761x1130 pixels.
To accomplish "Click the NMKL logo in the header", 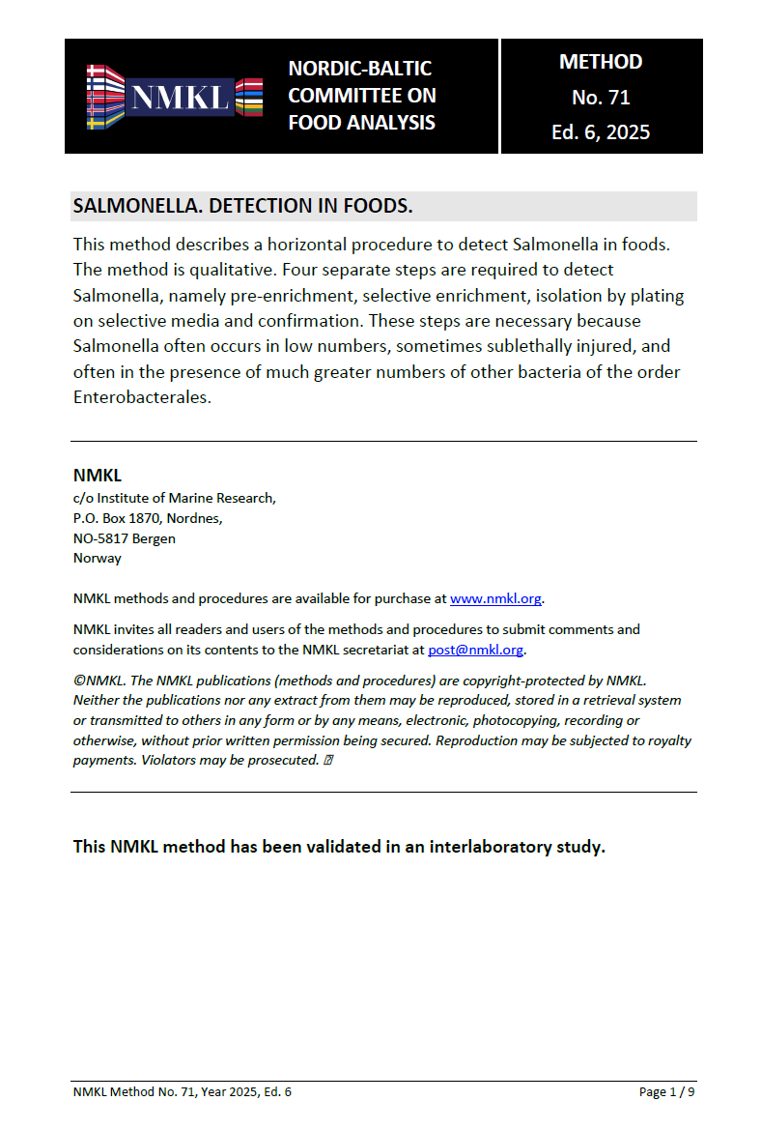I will pyautogui.click(x=174, y=97).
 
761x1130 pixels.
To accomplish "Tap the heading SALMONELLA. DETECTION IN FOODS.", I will pyautogui.click(x=243, y=207).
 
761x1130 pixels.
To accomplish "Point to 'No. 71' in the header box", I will pyautogui.click(x=601, y=97).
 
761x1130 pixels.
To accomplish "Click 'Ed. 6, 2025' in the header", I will pyautogui.click(x=601, y=132).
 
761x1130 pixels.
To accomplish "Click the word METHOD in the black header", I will pyautogui.click(x=601, y=62).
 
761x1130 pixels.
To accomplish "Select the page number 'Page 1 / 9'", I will pyautogui.click(x=666, y=1092).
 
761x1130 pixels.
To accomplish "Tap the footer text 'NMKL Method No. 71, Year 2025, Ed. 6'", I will pyautogui.click(x=183, y=1092).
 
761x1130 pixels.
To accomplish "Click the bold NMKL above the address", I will pyautogui.click(x=98, y=475).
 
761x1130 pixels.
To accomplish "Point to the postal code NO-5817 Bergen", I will pyautogui.click(x=124, y=538).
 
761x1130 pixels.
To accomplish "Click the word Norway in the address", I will pyautogui.click(x=98, y=558).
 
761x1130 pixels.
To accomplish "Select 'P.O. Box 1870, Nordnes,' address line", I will pyautogui.click(x=148, y=518).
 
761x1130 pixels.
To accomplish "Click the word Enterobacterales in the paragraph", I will pyautogui.click(x=140, y=397).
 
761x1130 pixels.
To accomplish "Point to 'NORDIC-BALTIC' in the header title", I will pyautogui.click(x=360, y=69).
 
